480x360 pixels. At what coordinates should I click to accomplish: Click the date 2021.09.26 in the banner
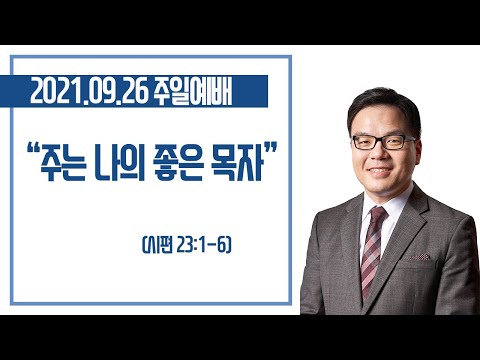[89, 92]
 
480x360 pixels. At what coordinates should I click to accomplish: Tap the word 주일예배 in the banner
[193, 92]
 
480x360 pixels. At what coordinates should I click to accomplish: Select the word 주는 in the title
[63, 165]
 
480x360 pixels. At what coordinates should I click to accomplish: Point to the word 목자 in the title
[237, 165]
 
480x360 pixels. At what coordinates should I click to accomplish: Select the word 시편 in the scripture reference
[159, 246]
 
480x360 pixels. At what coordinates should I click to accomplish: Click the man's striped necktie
[372, 252]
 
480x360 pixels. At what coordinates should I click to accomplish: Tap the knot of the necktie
[378, 213]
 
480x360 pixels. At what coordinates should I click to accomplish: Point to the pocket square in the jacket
[419, 257]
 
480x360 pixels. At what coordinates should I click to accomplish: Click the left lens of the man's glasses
[366, 143]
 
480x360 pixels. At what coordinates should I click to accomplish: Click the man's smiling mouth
[380, 171]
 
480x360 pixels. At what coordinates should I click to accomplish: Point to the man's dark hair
[384, 106]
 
